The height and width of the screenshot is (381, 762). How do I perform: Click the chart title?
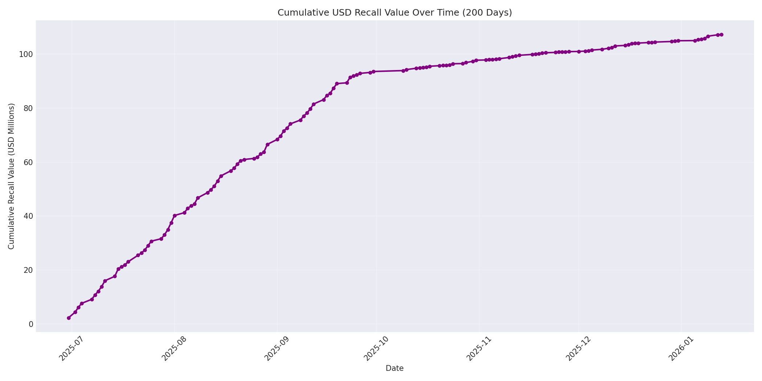point(394,13)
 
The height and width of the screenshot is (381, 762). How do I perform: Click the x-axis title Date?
point(394,368)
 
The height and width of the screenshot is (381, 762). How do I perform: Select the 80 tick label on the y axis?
point(28,108)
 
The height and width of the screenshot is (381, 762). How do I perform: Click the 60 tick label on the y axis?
point(28,162)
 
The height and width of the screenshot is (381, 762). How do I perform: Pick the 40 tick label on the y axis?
point(28,216)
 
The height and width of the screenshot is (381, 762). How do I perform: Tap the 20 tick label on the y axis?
point(28,270)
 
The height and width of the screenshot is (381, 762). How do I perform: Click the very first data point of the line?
point(69,318)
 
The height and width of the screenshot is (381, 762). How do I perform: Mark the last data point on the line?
point(721,34)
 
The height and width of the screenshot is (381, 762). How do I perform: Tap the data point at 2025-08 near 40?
point(175,216)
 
